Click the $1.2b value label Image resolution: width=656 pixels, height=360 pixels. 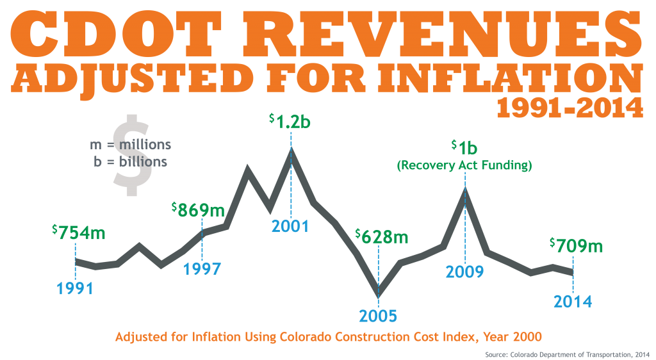pos(290,121)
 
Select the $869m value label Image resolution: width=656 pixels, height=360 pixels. pos(198,209)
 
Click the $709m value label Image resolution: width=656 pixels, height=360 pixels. pos(577,245)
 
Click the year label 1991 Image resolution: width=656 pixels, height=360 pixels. pos(75,288)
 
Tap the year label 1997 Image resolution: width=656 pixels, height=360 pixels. pos(202,269)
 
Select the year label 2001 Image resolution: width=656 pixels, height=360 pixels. pos(290,226)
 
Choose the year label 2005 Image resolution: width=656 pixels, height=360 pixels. pos(378,316)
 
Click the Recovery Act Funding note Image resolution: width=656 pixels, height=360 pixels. pos(464,166)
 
